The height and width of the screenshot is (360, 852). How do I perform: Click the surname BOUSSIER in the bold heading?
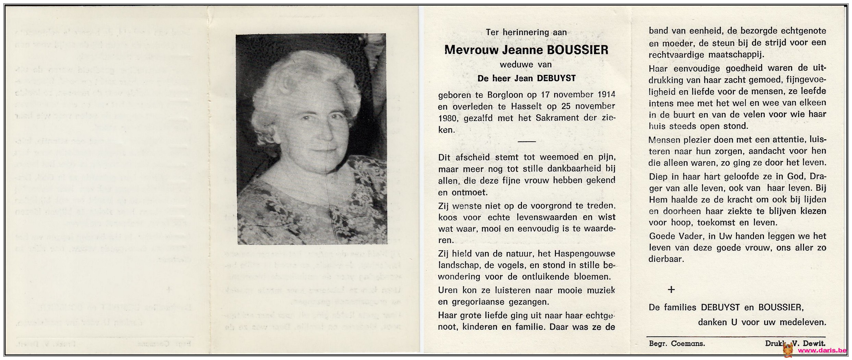click(577, 50)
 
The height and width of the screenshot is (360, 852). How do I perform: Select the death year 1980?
click(448, 119)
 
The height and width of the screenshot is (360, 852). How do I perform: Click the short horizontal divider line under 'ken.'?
click(526, 142)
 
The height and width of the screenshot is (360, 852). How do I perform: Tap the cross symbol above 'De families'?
click(671, 290)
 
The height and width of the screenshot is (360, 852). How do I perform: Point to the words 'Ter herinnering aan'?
click(526, 33)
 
